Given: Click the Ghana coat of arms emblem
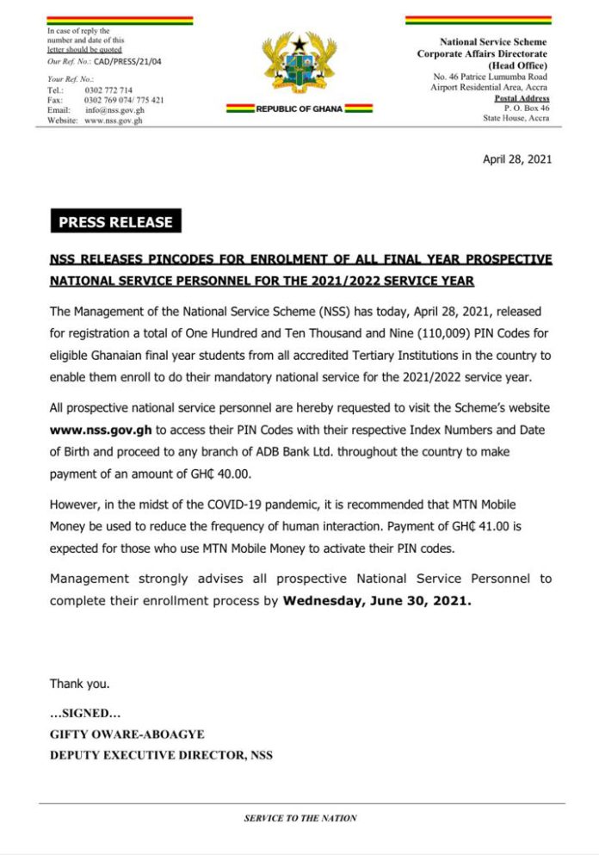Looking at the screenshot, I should tap(299, 65).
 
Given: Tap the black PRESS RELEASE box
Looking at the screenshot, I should tap(115, 221).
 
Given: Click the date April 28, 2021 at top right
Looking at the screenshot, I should tap(517, 158).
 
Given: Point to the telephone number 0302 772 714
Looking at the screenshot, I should tap(108, 90).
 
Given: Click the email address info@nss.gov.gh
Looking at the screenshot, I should tap(114, 110).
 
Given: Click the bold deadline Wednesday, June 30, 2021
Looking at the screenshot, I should tap(377, 601).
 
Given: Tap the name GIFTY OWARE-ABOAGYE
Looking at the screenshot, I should tap(127, 734).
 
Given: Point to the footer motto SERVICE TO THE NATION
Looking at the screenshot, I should tap(300, 818).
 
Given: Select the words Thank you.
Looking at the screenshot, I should tap(79, 684).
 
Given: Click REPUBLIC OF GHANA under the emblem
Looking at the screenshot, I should tap(299, 109).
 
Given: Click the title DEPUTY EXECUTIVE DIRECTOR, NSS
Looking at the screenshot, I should tap(161, 755).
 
